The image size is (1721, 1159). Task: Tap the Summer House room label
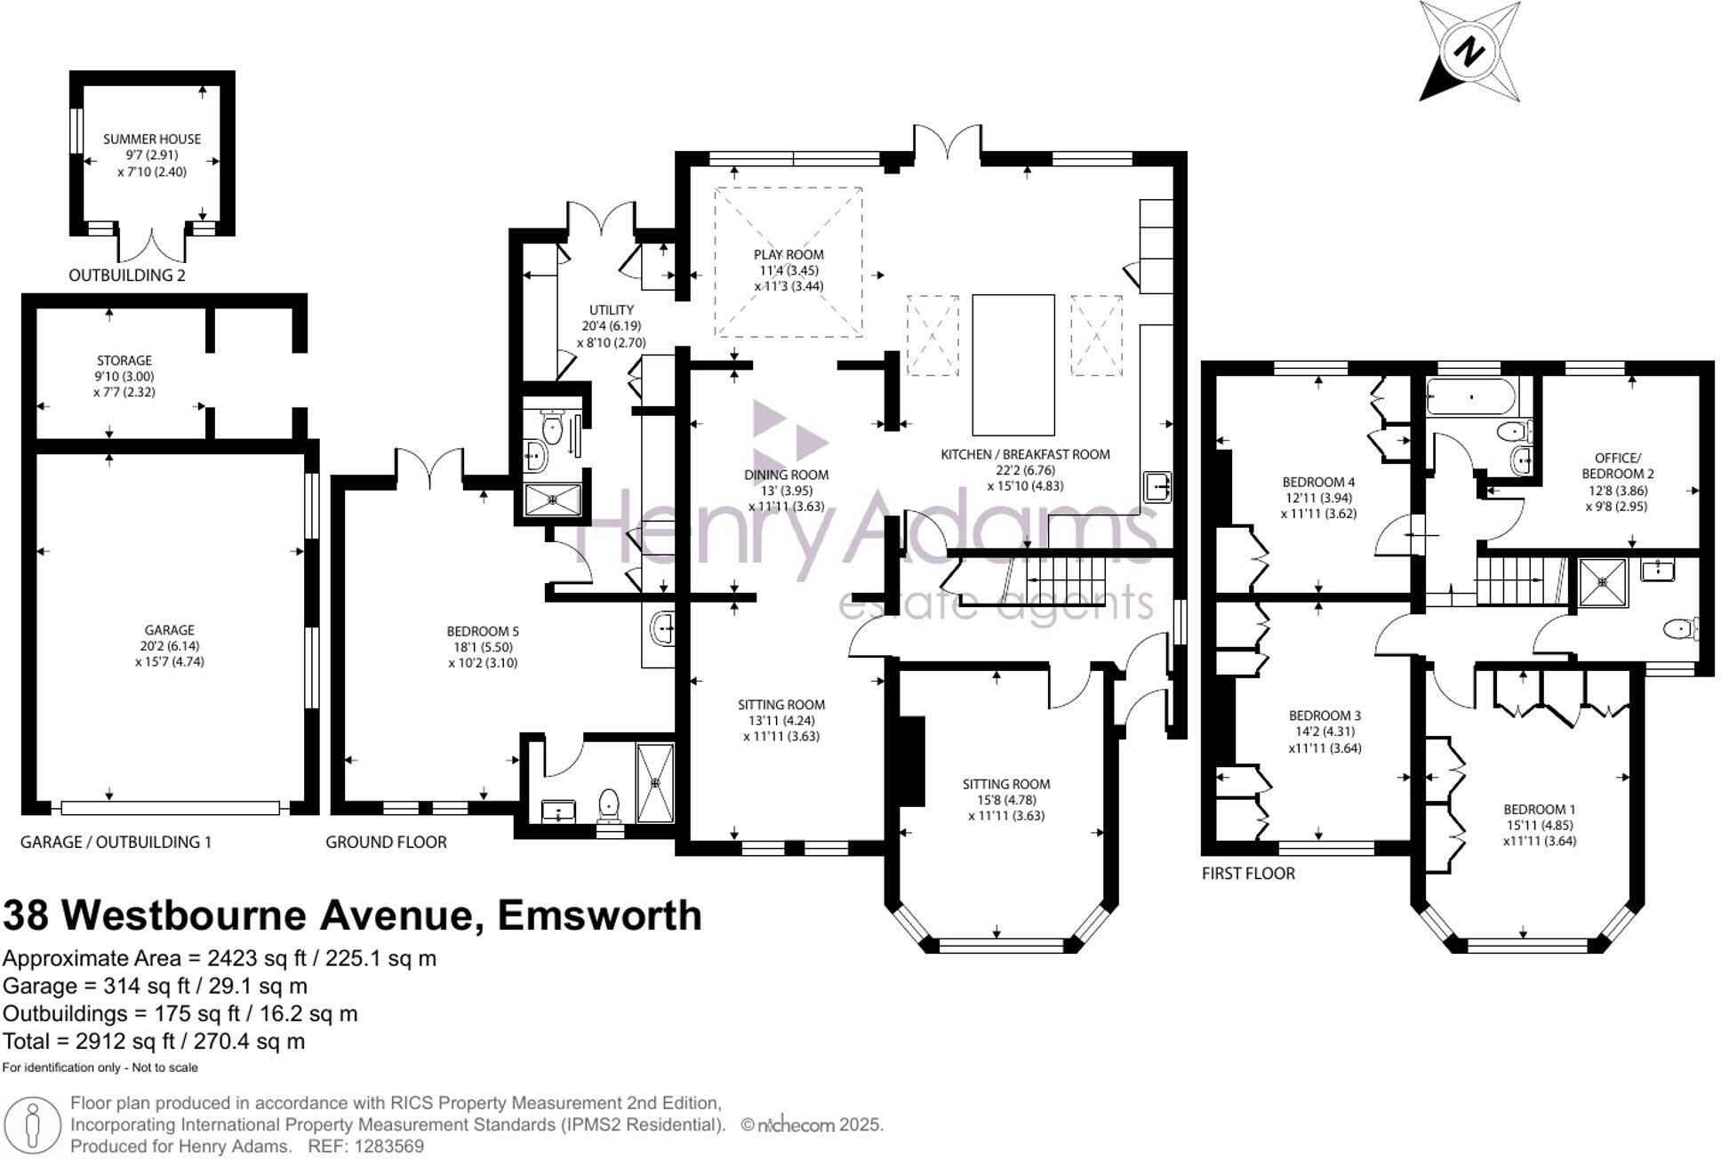click(152, 139)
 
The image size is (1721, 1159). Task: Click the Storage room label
click(124, 360)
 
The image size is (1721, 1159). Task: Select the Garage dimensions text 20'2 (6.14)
click(170, 646)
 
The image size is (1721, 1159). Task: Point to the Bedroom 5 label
click(483, 631)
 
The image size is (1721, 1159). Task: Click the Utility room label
click(612, 310)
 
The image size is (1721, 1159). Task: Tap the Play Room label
click(788, 254)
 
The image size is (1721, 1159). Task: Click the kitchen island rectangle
click(1013, 364)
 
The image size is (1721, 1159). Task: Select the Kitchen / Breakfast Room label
click(1025, 454)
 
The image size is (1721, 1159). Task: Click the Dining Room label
click(786, 475)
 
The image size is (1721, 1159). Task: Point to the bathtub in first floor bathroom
click(1471, 396)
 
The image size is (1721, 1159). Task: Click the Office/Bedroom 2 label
click(1617, 466)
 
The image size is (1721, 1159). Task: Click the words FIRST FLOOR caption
click(1248, 873)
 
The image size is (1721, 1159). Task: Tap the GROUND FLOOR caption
click(386, 842)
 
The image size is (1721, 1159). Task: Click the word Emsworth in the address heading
click(599, 915)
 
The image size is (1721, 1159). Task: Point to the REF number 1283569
click(388, 1147)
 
